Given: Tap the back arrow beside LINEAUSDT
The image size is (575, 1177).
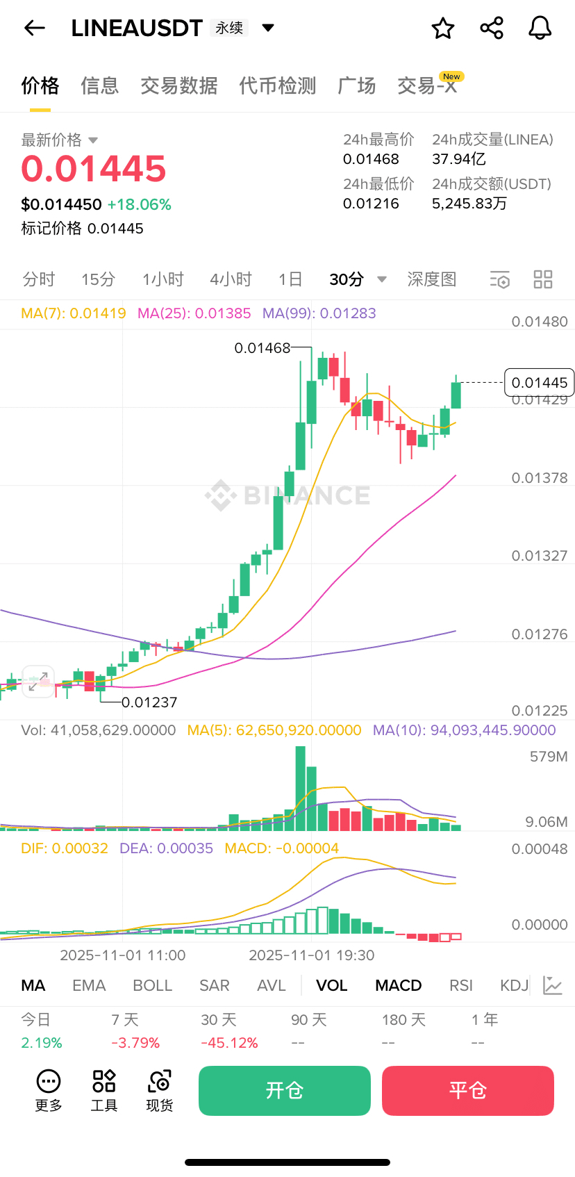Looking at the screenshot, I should pyautogui.click(x=34, y=28).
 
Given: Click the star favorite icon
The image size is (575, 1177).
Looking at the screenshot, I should pyautogui.click(x=443, y=28).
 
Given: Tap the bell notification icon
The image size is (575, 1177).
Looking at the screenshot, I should pyautogui.click(x=540, y=28).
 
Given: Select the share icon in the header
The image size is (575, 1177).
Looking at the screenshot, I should pyautogui.click(x=492, y=28).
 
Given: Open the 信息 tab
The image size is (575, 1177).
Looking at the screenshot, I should pyautogui.click(x=100, y=85).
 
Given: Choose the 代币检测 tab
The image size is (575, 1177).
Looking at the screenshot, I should pyautogui.click(x=277, y=85).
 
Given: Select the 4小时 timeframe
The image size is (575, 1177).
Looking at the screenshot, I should pyautogui.click(x=231, y=279).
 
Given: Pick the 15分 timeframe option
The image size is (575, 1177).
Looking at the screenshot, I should pyautogui.click(x=98, y=279).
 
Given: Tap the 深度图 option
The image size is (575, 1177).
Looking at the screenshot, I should pyautogui.click(x=431, y=279).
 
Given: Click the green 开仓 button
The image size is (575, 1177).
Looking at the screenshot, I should pyautogui.click(x=284, y=1090).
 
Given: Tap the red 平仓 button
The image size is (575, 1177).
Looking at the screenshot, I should pyautogui.click(x=467, y=1090).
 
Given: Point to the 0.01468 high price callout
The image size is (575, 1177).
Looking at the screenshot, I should pyautogui.click(x=262, y=348).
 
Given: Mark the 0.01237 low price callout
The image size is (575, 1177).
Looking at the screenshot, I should pyautogui.click(x=149, y=702).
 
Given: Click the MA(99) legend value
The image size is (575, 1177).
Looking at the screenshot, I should pyautogui.click(x=319, y=313).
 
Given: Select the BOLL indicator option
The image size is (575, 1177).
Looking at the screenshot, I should pyautogui.click(x=152, y=985).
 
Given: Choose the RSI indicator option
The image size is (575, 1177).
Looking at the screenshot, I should pyautogui.click(x=460, y=985).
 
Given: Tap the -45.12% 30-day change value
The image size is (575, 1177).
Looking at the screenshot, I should pyautogui.click(x=229, y=1043).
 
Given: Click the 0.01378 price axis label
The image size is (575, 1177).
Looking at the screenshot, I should pyautogui.click(x=539, y=478).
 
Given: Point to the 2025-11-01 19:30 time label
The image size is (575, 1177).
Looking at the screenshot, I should pyautogui.click(x=312, y=955).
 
